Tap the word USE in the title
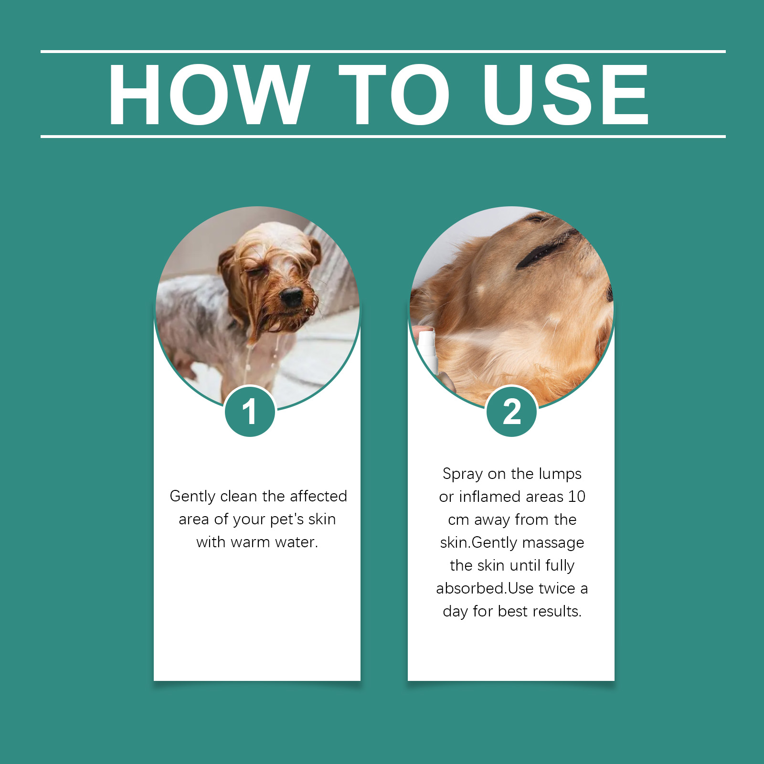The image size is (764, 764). coord(566,95)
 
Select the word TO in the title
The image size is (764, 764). coord(394,95)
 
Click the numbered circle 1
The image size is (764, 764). coord(250,412)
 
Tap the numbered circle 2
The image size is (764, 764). coord(512,412)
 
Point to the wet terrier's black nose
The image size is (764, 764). coord(291,297)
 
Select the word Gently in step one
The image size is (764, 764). coord(193,497)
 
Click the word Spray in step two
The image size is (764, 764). coord(463,474)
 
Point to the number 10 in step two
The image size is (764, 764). coord(577,497)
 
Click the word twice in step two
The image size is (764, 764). coord(557,588)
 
